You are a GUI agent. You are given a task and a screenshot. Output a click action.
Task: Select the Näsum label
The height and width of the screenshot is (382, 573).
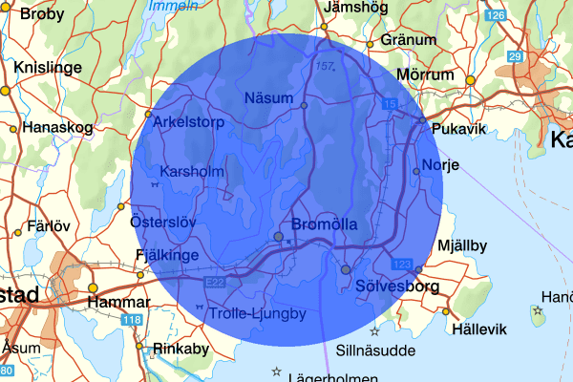(266, 97)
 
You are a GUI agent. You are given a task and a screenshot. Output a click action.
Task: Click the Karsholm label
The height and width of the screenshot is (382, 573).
(192, 172)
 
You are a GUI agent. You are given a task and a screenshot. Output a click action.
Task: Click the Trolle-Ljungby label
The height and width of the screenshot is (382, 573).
(259, 313)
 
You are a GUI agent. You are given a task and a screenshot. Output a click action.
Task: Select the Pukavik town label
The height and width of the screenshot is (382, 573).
(458, 128)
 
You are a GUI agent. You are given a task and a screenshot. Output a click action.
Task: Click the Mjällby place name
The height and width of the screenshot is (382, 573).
(461, 245)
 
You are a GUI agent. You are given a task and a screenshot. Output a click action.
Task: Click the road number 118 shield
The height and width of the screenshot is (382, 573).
(131, 321)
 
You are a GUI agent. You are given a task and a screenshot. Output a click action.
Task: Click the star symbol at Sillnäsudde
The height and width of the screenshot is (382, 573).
(374, 331)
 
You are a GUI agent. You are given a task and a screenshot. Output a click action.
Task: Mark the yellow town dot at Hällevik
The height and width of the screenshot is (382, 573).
(446, 311)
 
